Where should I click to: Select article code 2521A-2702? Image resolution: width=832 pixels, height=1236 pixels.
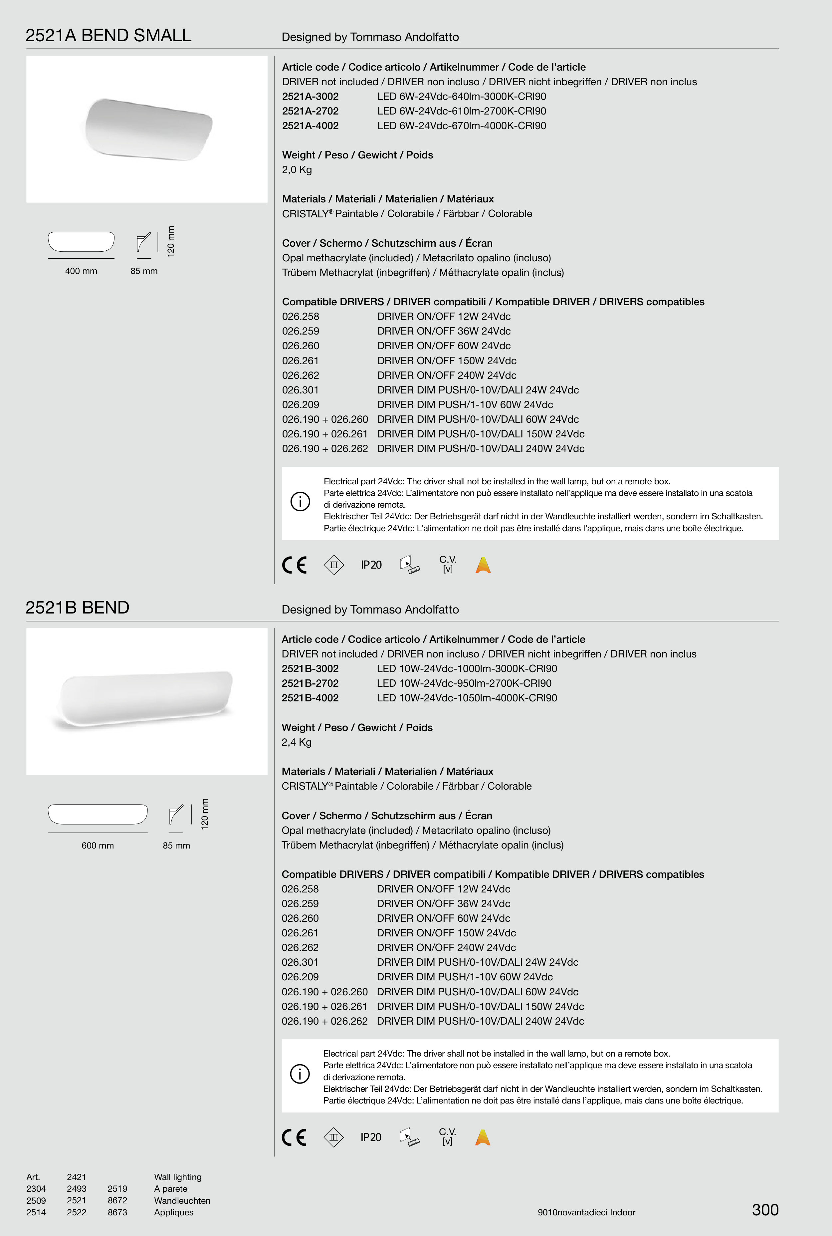(311, 111)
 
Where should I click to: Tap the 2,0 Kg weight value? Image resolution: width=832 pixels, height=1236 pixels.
(297, 170)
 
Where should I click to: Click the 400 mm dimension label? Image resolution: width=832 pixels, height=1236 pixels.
(81, 271)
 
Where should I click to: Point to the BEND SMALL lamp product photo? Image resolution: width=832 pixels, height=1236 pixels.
(148, 129)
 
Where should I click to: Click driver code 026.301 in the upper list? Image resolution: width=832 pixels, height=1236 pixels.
(300, 390)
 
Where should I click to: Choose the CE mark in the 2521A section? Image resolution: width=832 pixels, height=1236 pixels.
(295, 565)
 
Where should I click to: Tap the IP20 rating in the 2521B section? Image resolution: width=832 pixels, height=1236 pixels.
(371, 1137)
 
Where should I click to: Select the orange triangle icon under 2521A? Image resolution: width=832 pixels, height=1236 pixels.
(483, 565)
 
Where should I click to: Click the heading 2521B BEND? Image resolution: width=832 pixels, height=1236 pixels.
(78, 608)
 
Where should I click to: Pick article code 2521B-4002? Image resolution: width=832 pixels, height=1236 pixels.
(310, 698)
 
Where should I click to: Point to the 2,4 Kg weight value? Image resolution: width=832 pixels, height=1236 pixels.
(297, 742)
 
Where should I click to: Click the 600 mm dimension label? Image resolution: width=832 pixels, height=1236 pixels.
(98, 846)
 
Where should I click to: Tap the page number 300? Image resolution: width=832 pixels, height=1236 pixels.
(765, 1210)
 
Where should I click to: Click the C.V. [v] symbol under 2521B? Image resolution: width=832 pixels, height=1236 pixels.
(447, 1137)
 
